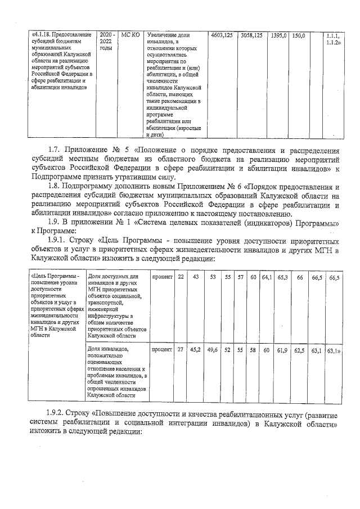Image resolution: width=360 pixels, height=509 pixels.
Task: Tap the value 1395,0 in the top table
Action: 278,35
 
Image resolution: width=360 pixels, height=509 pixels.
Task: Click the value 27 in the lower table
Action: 181,349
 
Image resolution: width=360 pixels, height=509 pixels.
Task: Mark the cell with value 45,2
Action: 196,349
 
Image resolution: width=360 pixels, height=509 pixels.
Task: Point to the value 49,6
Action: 213,349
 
